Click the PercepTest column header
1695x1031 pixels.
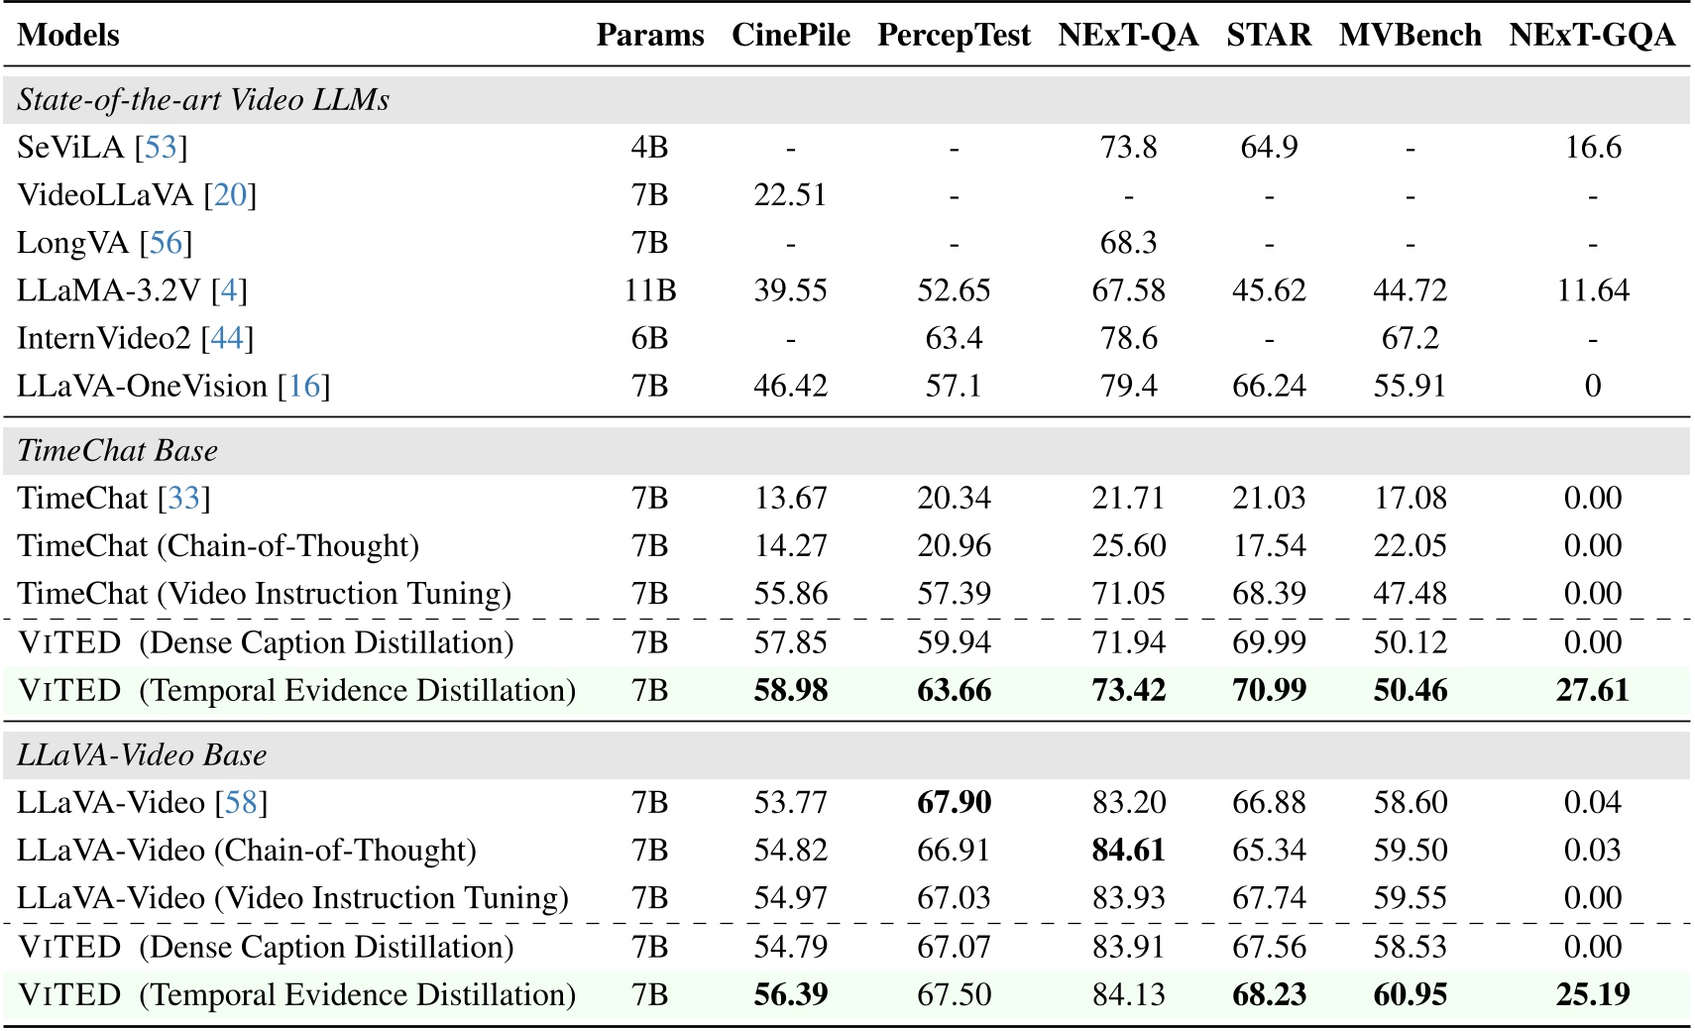tap(954, 35)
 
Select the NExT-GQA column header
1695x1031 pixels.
tap(1592, 35)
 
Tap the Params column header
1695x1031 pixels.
tap(650, 35)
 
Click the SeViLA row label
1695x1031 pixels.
tap(70, 147)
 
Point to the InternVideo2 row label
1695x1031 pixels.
tap(103, 338)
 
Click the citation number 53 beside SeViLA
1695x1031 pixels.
tap(161, 147)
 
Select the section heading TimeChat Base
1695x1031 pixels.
tap(117, 450)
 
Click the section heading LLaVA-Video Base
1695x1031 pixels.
tap(142, 754)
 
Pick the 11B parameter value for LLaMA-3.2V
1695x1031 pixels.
tap(650, 290)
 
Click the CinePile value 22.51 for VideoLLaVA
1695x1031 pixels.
tap(790, 194)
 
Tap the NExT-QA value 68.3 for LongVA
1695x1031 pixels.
tap(1128, 242)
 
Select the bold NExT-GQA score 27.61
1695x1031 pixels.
tap(1592, 690)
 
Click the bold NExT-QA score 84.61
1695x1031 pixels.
tap(1128, 850)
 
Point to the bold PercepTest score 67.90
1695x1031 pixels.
tap(954, 802)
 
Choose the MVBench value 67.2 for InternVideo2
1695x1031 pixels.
tap(1410, 338)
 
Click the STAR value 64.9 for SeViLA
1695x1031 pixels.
tap(1269, 147)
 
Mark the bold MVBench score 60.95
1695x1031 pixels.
tap(1410, 994)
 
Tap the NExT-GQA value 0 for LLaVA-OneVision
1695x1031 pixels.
tap(1592, 386)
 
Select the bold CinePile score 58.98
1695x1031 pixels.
tap(790, 690)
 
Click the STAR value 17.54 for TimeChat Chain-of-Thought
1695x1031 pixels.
tap(1269, 545)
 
